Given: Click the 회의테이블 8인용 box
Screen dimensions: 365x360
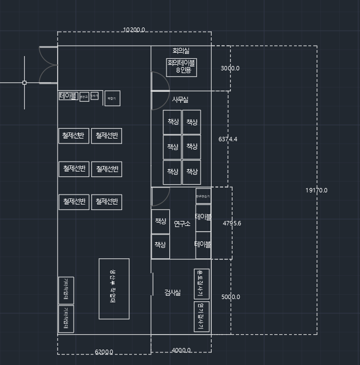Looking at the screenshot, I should pos(182,67).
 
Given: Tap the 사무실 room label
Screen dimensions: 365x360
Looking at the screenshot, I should pos(180,99).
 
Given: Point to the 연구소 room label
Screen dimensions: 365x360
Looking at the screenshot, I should pos(182,223).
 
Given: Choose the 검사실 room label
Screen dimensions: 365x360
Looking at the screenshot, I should pos(173,292).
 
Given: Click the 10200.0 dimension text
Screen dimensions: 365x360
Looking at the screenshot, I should pos(134,30).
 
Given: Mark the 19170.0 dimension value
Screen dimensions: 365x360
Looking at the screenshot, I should pos(316,190).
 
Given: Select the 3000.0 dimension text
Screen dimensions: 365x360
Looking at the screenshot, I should pos(230,68).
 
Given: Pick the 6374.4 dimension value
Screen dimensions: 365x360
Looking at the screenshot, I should pos(228,139).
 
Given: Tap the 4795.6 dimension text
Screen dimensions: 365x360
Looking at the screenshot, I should pos(231,223).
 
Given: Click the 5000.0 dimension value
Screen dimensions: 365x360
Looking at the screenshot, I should pos(231,297).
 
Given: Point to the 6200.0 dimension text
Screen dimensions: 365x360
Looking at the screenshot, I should pos(104,352).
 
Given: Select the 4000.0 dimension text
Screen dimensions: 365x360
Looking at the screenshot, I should pos(181,350).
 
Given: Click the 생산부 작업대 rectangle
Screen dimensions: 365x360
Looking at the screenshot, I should pos(114,289).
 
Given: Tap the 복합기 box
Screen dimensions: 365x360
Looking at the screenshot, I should pos(112,98).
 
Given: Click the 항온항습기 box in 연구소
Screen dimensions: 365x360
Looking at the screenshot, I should pos(203,196).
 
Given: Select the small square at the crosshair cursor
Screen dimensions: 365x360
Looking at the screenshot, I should pos(24,82).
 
